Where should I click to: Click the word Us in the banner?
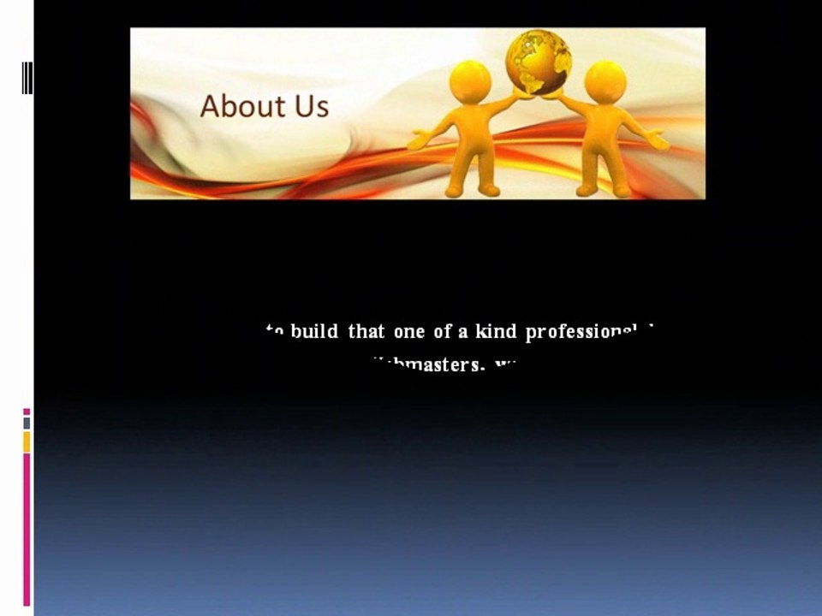[x=310, y=106]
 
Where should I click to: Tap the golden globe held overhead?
[x=539, y=61]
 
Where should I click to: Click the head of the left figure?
[x=470, y=81]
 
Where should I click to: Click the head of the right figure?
[x=605, y=81]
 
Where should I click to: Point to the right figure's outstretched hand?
[x=658, y=140]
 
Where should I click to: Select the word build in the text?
[x=314, y=332]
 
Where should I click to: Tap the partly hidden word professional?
[x=582, y=332]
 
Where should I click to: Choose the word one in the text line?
[x=408, y=332]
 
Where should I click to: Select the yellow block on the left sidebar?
[x=27, y=441]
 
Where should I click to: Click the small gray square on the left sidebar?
[x=27, y=423]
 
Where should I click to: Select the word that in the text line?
[x=366, y=332]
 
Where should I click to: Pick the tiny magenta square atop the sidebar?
[x=27, y=412]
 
